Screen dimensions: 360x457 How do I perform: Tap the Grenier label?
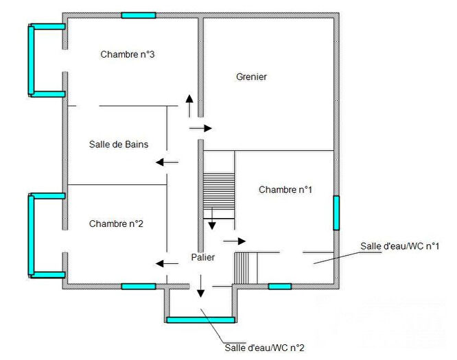(x=251, y=77)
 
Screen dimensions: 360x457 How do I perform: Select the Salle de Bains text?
(x=119, y=144)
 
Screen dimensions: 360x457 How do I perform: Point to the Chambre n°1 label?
(x=285, y=189)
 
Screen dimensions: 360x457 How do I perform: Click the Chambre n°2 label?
(x=116, y=224)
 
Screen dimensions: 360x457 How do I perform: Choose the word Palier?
(x=203, y=257)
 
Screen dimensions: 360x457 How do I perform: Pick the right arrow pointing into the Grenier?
(x=201, y=128)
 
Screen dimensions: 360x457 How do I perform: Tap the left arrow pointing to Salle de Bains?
(x=167, y=163)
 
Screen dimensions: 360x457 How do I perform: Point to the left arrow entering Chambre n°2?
(x=167, y=263)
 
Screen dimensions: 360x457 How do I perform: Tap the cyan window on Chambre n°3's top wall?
(x=139, y=15)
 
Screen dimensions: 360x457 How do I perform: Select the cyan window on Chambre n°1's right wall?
(x=336, y=213)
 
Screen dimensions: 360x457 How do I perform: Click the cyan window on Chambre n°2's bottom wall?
(x=139, y=286)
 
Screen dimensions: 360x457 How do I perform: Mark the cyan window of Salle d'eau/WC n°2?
(x=200, y=320)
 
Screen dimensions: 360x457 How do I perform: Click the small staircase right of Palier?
(x=245, y=267)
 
